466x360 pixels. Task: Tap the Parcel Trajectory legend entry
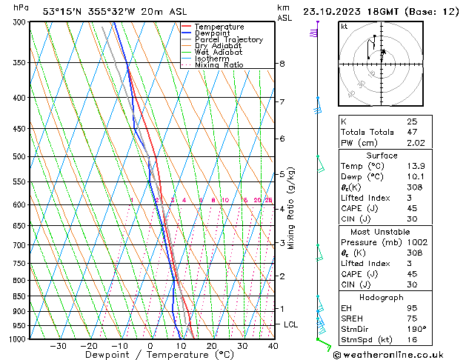click(228, 40)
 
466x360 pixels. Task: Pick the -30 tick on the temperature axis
click(58, 346)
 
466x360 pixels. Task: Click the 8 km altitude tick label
click(282, 64)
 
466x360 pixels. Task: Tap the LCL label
click(291, 324)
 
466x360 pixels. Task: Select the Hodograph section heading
click(382, 297)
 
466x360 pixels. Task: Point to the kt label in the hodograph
click(344, 27)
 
